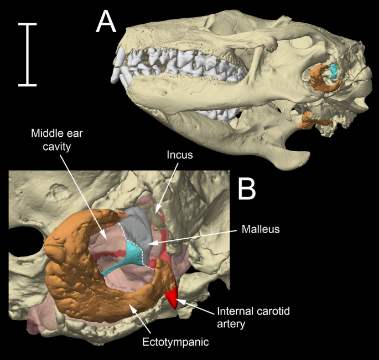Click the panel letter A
click(x=106, y=23)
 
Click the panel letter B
click(x=246, y=189)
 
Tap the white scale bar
click(x=27, y=54)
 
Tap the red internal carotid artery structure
click(x=173, y=297)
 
